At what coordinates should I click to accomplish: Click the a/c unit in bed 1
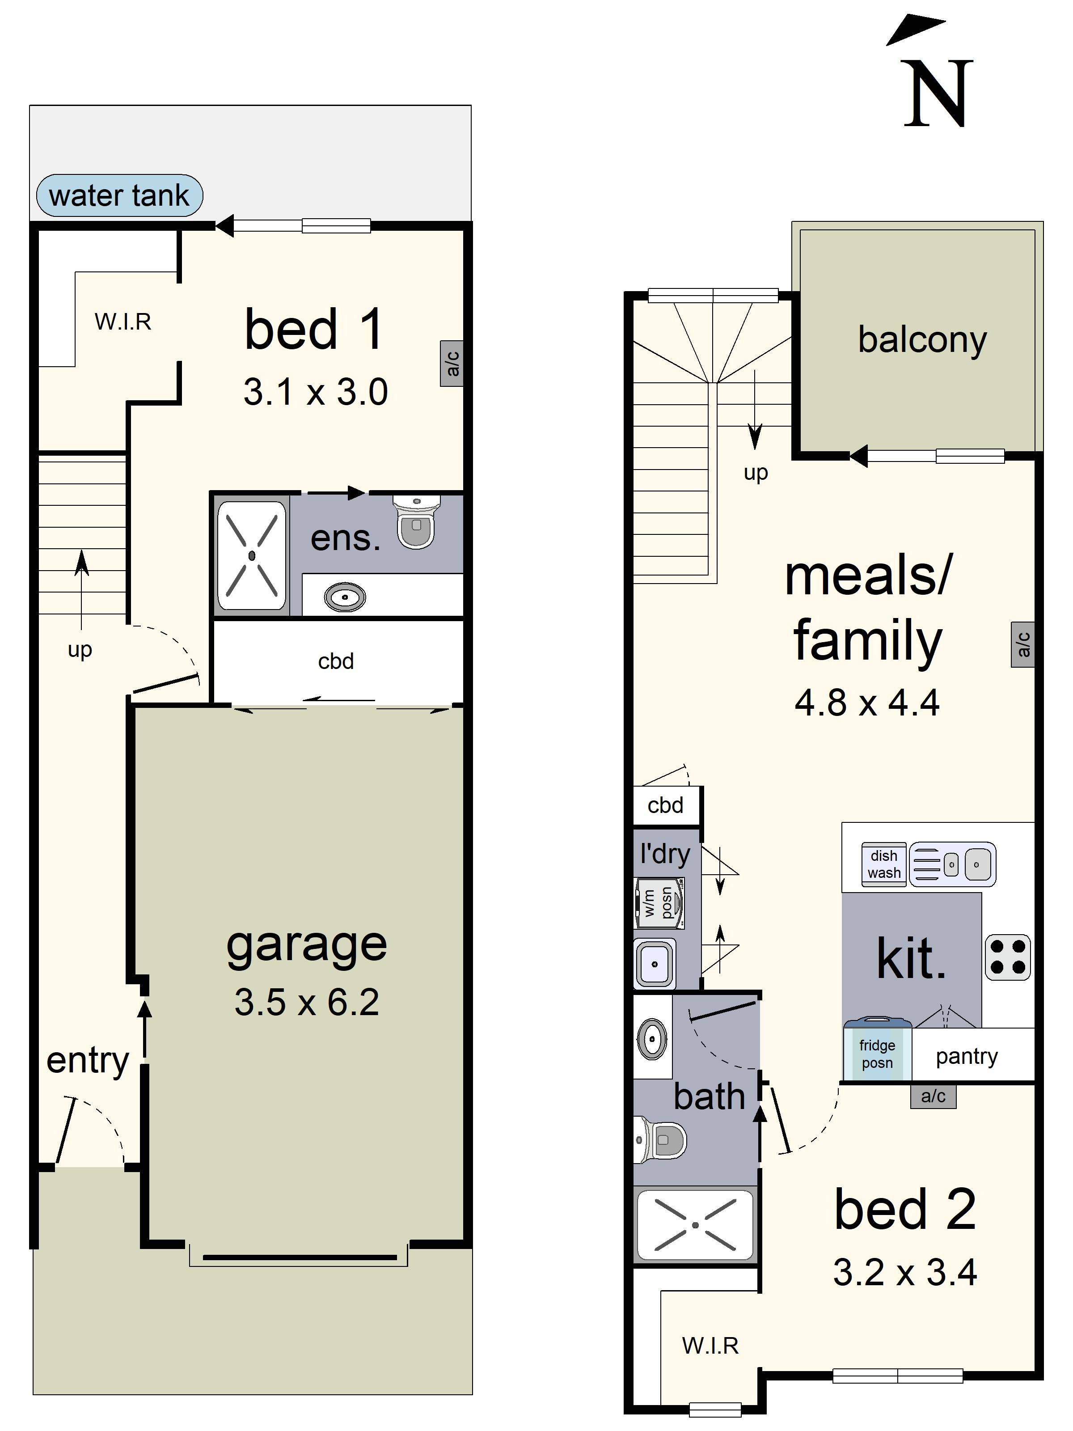[452, 364]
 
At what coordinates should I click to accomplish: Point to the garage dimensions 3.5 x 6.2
[307, 1002]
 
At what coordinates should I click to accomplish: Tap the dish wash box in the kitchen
[883, 864]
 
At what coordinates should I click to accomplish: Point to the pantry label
[966, 1056]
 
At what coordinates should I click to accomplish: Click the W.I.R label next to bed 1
[123, 322]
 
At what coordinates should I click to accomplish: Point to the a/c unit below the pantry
[933, 1096]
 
